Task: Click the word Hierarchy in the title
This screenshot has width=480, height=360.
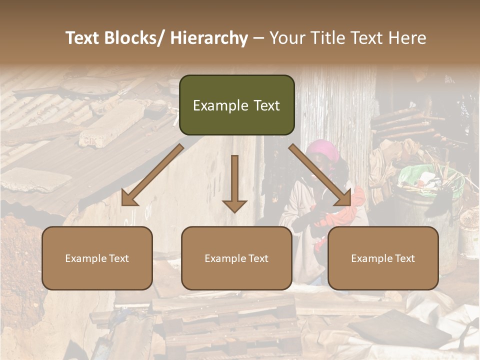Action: click(208, 38)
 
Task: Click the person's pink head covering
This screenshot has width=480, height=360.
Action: click(321, 149)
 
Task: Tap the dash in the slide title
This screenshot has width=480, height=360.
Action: click(258, 38)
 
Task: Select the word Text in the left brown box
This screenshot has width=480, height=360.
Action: click(118, 258)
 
